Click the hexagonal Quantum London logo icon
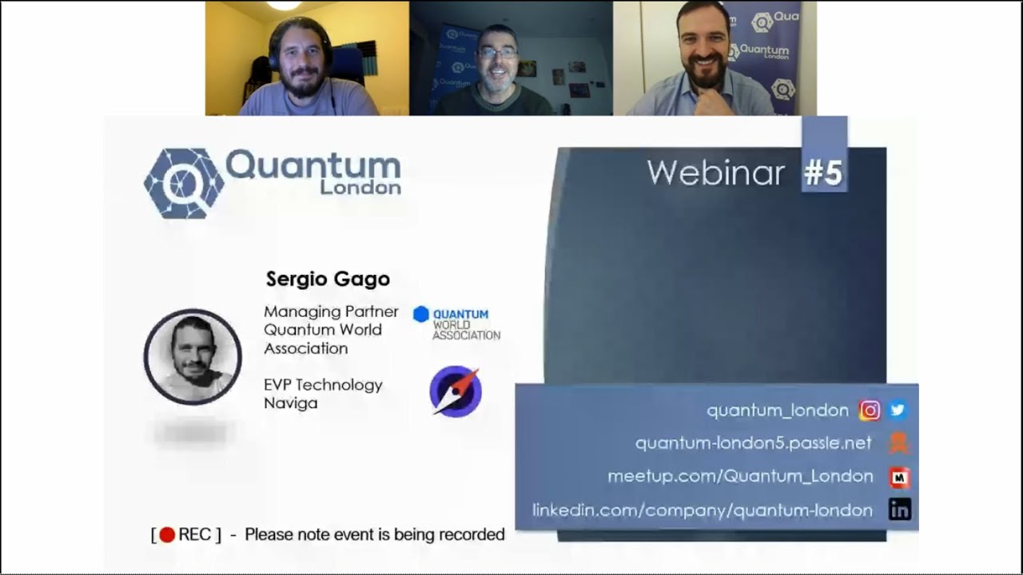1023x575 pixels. [183, 183]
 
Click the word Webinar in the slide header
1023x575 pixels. [715, 172]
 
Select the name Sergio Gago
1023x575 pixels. [328, 279]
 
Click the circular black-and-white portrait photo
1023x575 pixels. [193, 356]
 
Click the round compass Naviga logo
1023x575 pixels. [456, 391]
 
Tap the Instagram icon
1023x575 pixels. [870, 410]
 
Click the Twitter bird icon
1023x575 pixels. [898, 410]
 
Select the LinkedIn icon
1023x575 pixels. [900, 510]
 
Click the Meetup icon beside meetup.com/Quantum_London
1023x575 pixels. [900, 477]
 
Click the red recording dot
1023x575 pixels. [167, 535]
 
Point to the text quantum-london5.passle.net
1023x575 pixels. [753, 443]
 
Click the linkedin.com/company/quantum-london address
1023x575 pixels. [703, 510]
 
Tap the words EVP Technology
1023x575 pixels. [323, 385]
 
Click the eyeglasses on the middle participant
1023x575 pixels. [497, 54]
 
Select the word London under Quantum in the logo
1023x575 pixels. [360, 188]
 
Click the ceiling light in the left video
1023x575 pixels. [283, 5]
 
